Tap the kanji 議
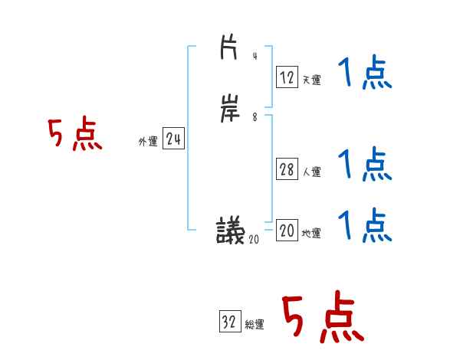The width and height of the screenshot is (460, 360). point(230,229)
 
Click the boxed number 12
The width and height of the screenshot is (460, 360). point(287,77)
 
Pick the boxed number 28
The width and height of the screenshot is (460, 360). point(287,169)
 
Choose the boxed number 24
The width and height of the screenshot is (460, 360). point(172,139)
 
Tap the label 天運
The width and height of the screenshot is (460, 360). point(311,80)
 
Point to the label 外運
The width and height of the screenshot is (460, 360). point(147,142)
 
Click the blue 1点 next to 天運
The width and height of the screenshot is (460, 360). point(364,74)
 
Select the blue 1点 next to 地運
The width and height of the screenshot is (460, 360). point(364,225)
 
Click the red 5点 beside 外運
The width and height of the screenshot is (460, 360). point(75,135)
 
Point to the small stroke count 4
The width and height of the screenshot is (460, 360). point(255,57)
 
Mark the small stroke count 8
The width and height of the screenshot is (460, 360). point(255,118)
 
